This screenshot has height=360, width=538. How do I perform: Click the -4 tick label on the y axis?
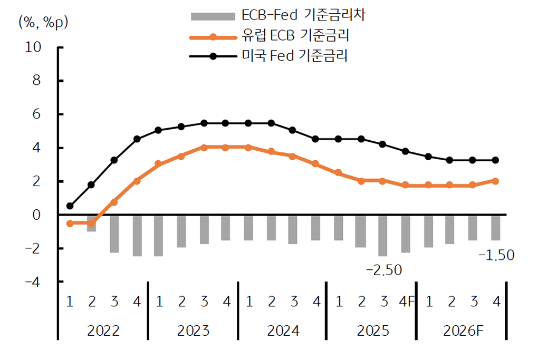tap(33, 282)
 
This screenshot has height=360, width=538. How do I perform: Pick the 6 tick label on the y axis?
tap(36, 114)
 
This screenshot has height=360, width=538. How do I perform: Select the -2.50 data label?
tap(383, 270)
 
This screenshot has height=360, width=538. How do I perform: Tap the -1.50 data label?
tap(495, 256)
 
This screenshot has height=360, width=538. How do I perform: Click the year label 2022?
tap(103, 331)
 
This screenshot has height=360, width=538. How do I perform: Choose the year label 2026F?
tap(463, 331)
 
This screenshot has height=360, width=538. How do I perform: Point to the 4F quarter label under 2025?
tap(406, 301)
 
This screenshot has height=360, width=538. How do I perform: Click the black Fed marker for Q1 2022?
tap(70, 206)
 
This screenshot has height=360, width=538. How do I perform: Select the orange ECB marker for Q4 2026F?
tap(496, 181)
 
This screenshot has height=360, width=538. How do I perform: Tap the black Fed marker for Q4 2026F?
tap(496, 160)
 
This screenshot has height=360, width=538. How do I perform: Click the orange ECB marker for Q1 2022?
tap(70, 223)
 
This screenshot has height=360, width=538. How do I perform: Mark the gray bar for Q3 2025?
tap(383, 236)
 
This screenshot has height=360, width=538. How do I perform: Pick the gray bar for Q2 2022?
tap(92, 223)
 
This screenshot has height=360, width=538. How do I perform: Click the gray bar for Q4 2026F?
tap(496, 228)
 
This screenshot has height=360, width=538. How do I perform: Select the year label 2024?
tap(283, 331)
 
